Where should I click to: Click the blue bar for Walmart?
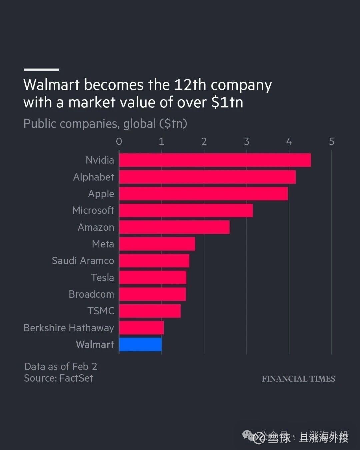coord(140,344)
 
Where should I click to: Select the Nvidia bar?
coord(215,160)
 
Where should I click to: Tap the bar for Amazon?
coord(174,227)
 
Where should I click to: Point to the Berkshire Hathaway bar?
coord(141,328)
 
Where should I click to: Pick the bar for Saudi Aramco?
coord(154,261)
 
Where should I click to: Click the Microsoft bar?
coord(186,210)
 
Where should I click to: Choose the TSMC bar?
coord(150,311)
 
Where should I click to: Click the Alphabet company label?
coord(93,177)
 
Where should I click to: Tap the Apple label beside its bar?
coord(101,194)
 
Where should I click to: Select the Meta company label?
coord(103,244)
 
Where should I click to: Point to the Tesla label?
coord(102,277)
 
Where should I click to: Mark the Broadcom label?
coord(91,294)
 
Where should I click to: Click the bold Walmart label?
coord(95,344)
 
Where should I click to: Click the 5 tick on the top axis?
coord(331,142)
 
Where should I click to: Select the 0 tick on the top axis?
coord(119,142)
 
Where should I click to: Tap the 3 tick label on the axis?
coord(247,142)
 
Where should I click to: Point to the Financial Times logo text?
coord(298,379)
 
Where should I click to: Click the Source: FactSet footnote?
coord(59,378)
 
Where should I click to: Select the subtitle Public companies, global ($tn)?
coord(105,124)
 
